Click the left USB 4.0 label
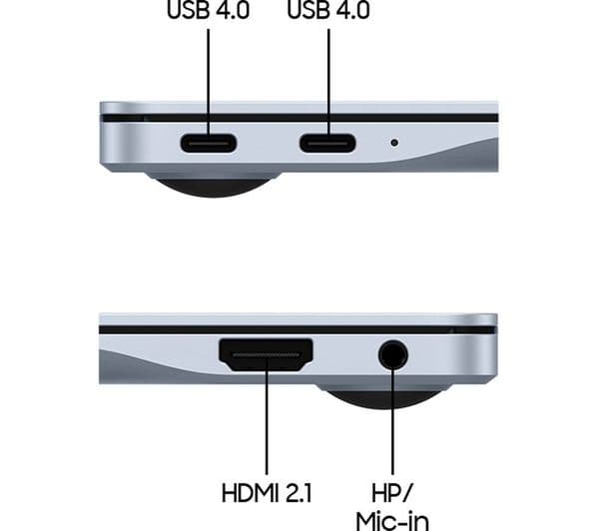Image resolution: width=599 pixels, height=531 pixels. tap(209, 10)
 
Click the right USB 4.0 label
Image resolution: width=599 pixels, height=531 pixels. tap(328, 10)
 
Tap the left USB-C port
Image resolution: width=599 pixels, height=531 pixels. tap(209, 144)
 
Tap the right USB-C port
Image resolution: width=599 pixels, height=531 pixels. tap(327, 144)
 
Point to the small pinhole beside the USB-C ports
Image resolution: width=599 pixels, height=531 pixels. tap(394, 143)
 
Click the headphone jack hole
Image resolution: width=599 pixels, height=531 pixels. tap(393, 355)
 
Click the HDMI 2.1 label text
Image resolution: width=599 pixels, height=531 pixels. tap(267, 493)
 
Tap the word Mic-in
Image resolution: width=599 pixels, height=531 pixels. tap(392, 521)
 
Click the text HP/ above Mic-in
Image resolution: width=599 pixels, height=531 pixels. tap(392, 493)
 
